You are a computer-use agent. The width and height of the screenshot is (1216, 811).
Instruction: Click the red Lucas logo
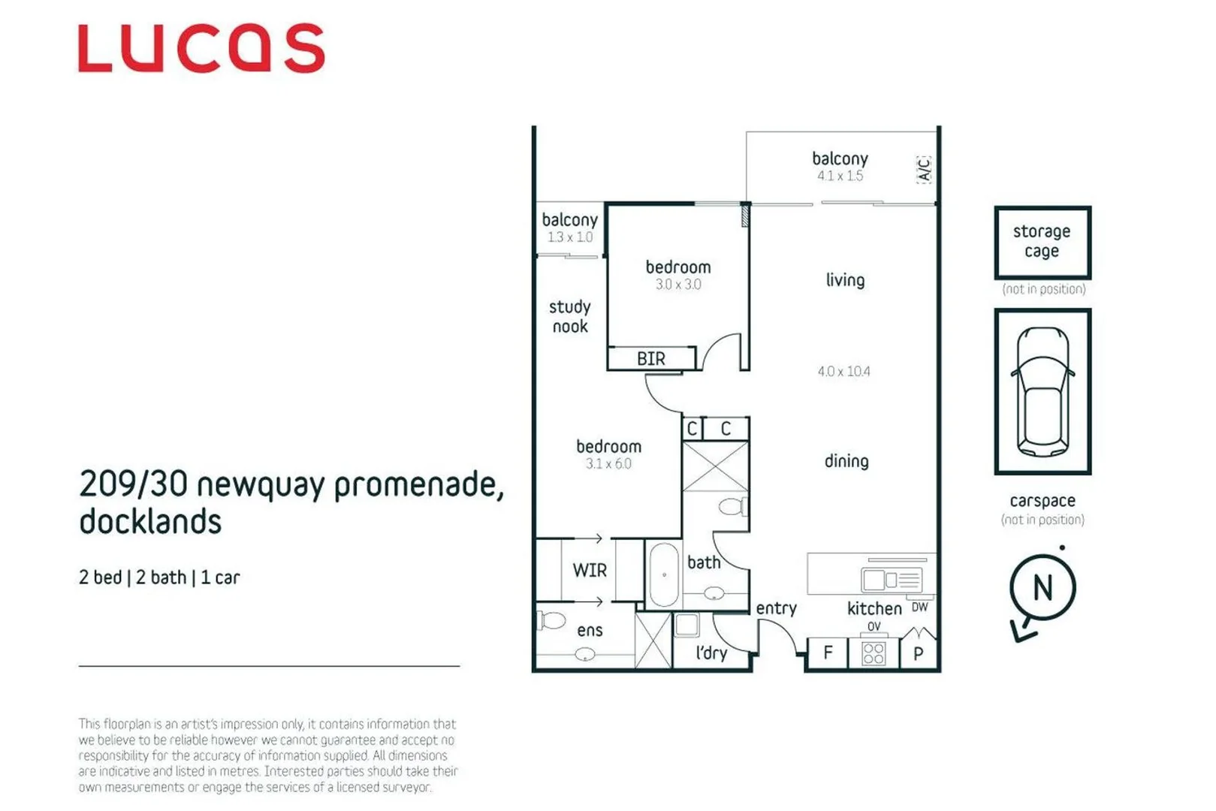coord(201,49)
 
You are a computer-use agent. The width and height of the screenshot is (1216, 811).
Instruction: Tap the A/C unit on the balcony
coord(924,169)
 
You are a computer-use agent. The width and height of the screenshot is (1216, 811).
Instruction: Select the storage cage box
coord(1042,242)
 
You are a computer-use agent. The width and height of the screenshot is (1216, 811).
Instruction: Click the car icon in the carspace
coord(1042,391)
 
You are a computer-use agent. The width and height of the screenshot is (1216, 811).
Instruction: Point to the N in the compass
coord(1043,587)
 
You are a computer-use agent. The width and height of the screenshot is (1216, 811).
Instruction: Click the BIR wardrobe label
coord(650,359)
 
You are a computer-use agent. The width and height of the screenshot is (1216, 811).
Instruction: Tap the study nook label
coord(570,316)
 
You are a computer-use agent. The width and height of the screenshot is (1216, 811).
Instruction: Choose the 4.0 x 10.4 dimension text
coord(843,371)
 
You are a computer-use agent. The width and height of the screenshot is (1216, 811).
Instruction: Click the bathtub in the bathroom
coord(664,575)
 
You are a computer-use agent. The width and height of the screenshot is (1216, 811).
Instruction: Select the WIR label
coord(590,570)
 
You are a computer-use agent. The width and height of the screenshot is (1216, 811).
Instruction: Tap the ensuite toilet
coord(552,621)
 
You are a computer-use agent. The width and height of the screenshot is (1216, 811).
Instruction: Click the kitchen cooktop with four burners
coord(873,653)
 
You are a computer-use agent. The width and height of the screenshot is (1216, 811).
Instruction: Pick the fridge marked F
coord(828,653)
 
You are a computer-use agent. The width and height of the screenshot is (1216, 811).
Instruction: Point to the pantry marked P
coord(918,653)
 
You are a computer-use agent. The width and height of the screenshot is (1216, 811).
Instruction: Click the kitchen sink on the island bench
coord(874,580)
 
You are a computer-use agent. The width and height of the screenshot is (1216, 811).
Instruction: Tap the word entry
coord(776,608)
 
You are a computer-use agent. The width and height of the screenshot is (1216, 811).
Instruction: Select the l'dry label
coord(711,653)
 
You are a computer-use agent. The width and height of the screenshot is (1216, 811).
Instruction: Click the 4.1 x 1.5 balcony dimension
coord(840,176)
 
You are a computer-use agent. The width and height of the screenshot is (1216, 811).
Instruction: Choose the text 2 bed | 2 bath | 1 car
coord(159,577)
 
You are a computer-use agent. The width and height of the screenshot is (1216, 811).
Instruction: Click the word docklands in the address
coord(150,522)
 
